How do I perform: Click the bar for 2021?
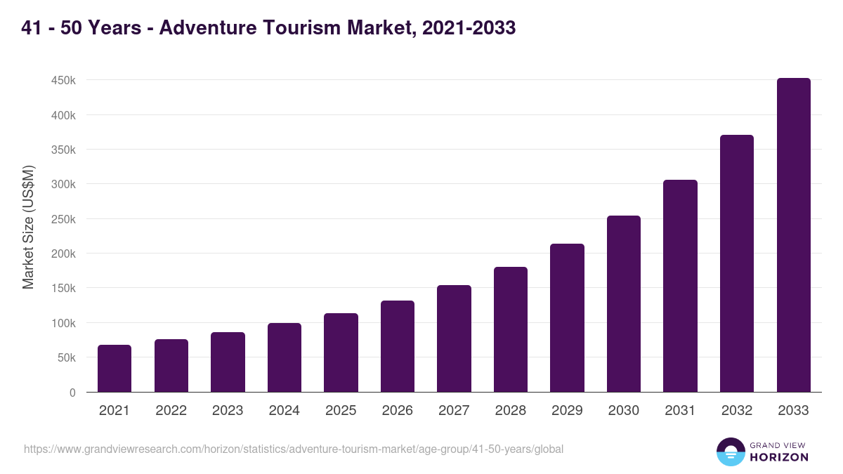[115, 369]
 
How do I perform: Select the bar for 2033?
[793, 235]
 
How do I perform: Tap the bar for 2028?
[511, 329]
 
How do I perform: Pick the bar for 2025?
[341, 353]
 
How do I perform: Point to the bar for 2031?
[680, 286]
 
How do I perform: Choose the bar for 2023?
[228, 362]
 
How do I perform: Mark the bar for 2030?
[624, 304]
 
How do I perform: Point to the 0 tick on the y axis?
[72, 393]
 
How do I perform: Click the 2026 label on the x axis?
[398, 411]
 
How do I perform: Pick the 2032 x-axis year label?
[737, 411]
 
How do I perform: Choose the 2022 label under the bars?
[171, 411]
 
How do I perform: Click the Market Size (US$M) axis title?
[28, 227]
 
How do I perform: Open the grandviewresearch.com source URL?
[294, 449]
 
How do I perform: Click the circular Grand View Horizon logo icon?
[730, 452]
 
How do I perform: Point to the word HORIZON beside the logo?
[779, 457]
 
